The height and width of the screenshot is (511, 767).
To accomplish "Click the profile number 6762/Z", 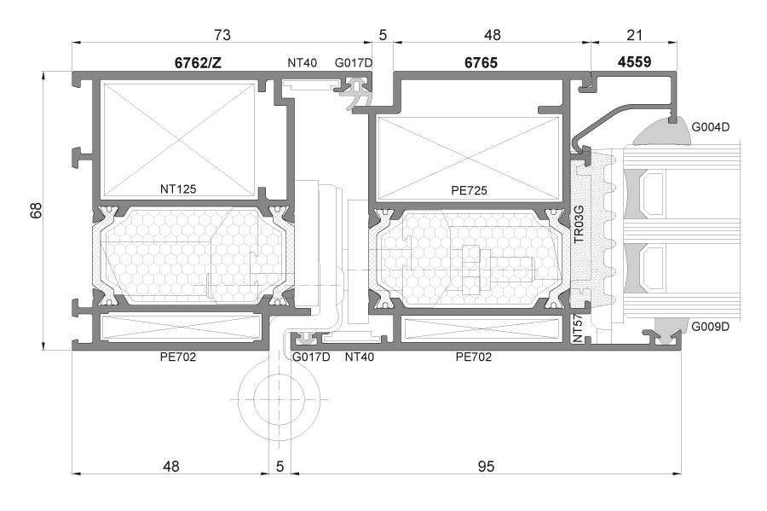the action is click(198, 62).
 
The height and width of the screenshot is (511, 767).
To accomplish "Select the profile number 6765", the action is click(481, 62).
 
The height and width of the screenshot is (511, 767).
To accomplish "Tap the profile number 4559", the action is click(634, 62).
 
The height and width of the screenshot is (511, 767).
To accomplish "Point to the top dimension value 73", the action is click(222, 35).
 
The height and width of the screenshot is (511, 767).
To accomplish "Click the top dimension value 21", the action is click(634, 35).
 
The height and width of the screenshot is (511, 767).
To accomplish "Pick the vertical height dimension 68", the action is click(36, 211).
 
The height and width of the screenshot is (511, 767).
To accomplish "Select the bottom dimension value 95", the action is click(486, 467).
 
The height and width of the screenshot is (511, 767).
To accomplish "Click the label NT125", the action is click(178, 189).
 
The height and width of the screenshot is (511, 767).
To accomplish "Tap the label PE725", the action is click(469, 190).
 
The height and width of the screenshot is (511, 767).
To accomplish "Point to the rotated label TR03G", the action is click(579, 224).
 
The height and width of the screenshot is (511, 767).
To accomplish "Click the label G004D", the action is click(710, 127).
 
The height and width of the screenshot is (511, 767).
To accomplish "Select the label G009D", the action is click(710, 327).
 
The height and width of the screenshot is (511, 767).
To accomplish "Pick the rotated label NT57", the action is click(578, 328).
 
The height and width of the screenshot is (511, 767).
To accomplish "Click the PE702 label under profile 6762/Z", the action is click(178, 357).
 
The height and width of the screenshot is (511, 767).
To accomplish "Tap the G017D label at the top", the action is click(354, 63).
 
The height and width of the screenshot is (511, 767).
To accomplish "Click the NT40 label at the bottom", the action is click(360, 357).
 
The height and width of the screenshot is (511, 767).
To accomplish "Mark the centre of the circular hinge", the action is click(280, 399).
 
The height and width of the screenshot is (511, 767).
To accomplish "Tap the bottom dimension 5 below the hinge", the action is click(280, 467).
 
